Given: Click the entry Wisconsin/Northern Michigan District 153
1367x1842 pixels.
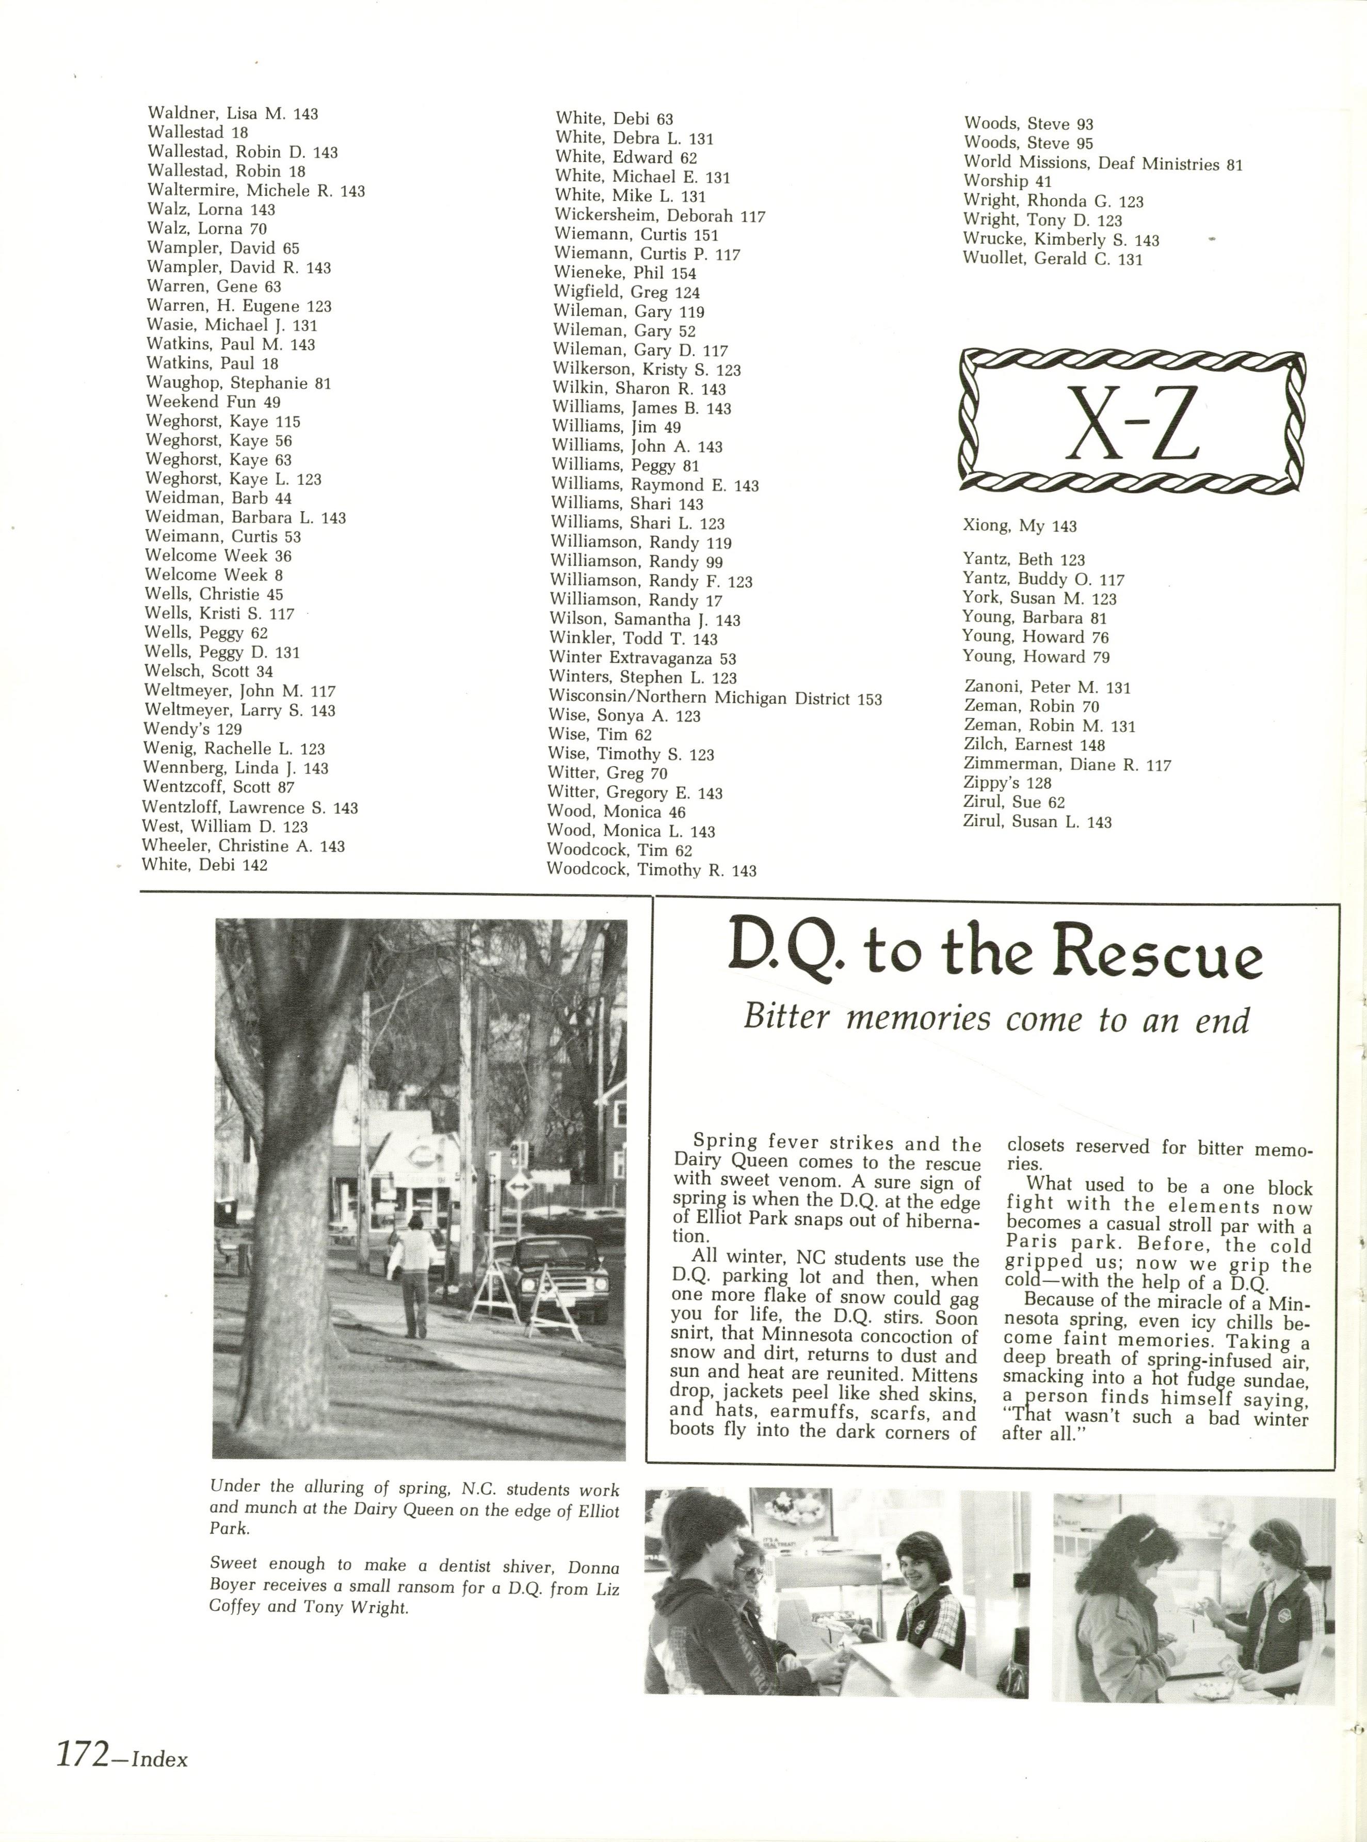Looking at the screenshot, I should [715, 698].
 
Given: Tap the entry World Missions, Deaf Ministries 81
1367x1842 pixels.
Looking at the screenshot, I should [1103, 163].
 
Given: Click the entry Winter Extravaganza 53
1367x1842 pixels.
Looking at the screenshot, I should [642, 659].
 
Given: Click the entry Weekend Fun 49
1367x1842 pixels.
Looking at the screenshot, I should [214, 402].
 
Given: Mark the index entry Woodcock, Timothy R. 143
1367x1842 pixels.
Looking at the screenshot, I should [651, 870].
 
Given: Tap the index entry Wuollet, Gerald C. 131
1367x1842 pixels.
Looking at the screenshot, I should [1053, 259].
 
